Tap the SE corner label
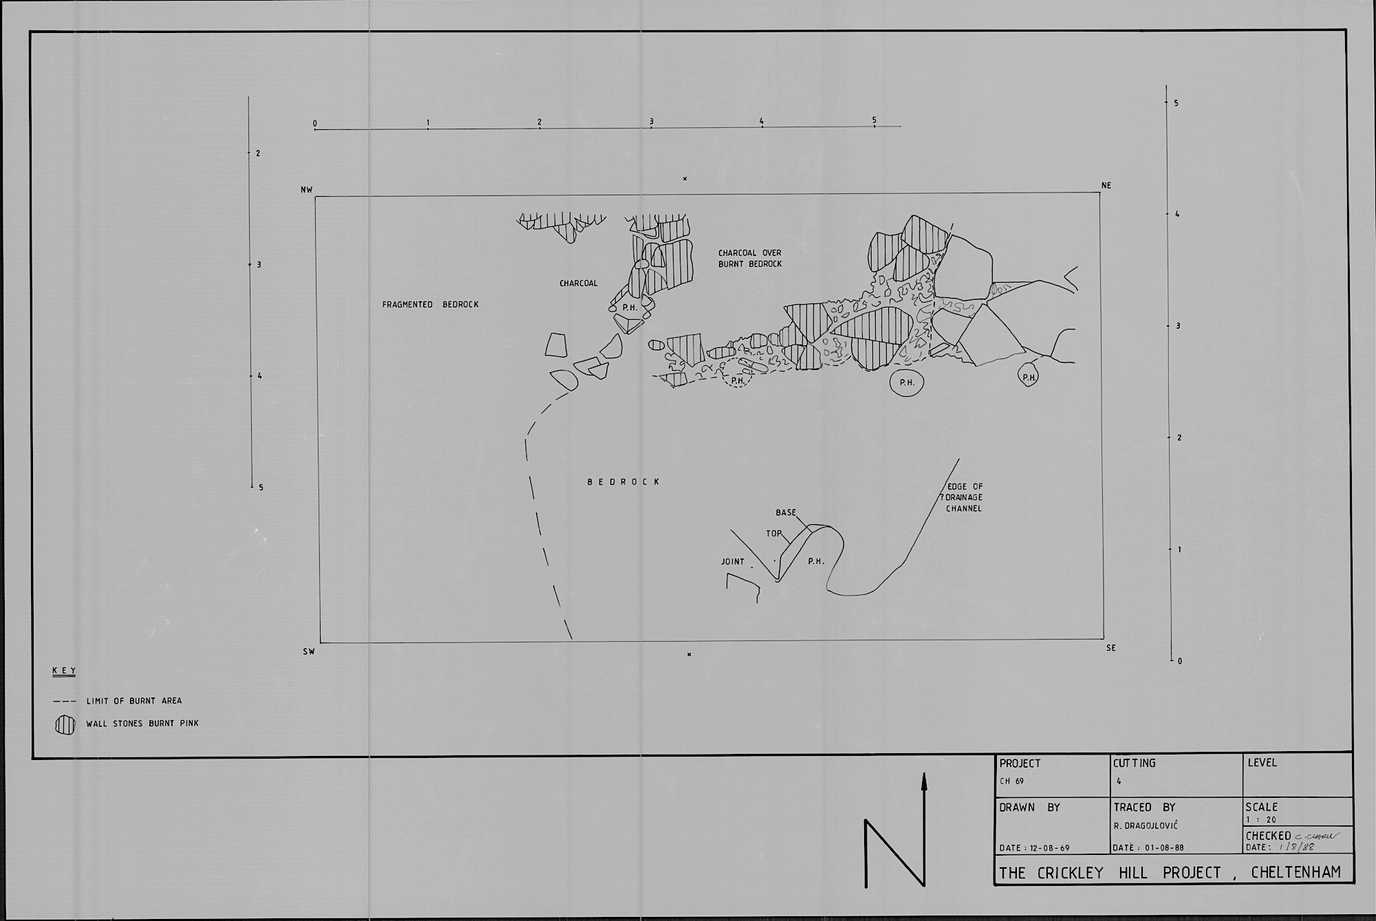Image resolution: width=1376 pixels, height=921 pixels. pyautogui.click(x=1110, y=648)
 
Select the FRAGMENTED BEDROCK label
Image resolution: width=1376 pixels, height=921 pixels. pyautogui.click(x=430, y=304)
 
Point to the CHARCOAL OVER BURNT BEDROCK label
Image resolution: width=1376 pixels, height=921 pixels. pyautogui.click(x=750, y=258)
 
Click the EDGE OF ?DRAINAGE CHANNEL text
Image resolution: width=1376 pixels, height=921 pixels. pyautogui.click(x=965, y=497)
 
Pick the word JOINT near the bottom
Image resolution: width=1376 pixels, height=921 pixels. pyautogui.click(x=733, y=561)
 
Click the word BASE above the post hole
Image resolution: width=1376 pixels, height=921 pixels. pyautogui.click(x=786, y=512)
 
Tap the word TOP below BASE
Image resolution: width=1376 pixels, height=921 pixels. pyautogui.click(x=774, y=533)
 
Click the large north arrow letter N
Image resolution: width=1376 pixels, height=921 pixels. pyautogui.click(x=894, y=853)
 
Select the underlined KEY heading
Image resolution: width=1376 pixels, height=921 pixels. pyautogui.click(x=64, y=671)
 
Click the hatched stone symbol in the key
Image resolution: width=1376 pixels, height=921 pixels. pyautogui.click(x=65, y=726)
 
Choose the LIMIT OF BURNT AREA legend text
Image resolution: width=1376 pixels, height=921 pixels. pyautogui.click(x=134, y=701)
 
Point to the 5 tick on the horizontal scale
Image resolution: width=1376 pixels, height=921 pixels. pyautogui.click(x=874, y=120)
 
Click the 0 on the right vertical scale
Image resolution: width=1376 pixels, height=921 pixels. pyautogui.click(x=1180, y=661)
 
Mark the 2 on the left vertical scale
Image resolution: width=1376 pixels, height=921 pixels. pyautogui.click(x=258, y=153)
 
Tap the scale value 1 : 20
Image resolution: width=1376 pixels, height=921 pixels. pyautogui.click(x=1260, y=819)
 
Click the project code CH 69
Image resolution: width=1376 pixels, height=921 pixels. pyautogui.click(x=1011, y=781)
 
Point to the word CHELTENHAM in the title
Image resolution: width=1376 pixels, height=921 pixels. pyautogui.click(x=1296, y=873)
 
